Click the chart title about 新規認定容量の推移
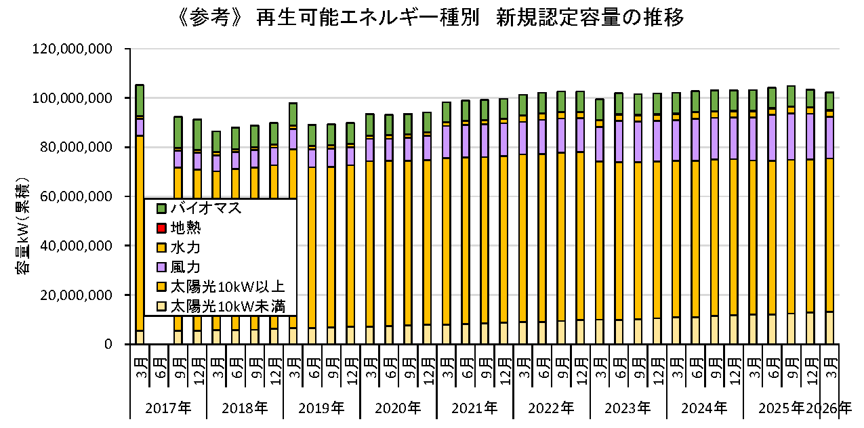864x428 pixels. click(431, 17)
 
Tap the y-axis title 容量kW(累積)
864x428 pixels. click(22, 226)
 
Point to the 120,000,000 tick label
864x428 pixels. click(72, 49)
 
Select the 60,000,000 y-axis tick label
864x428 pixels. click(76, 196)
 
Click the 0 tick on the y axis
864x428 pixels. click(108, 344)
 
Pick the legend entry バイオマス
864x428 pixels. click(199, 208)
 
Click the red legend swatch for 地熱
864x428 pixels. click(161, 228)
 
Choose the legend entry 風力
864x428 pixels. click(179, 267)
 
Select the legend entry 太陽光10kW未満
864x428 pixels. click(221, 307)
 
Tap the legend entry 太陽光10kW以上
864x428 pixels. click(221, 287)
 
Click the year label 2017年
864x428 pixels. click(168, 408)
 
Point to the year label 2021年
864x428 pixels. click(474, 408)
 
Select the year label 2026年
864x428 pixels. click(829, 408)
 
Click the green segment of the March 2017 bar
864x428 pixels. click(140, 100)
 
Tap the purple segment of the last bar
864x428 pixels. click(829, 137)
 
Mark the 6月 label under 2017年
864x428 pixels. click(161, 368)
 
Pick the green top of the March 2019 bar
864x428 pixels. click(293, 114)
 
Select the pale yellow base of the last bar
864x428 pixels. click(829, 328)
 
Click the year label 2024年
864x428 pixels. click(704, 408)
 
